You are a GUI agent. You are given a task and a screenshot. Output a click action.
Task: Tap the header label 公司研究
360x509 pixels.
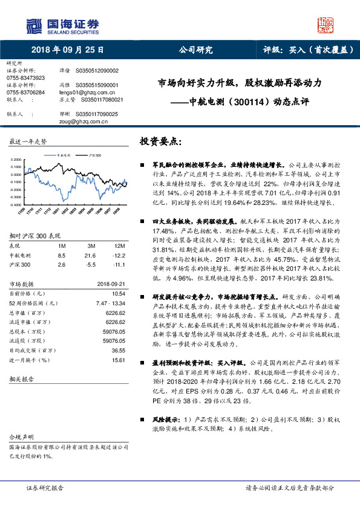(x=197, y=50)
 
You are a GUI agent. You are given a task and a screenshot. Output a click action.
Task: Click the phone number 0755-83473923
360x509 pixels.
(x=25, y=78)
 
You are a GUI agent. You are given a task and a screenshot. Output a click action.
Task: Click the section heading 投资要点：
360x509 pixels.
(x=161, y=141)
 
